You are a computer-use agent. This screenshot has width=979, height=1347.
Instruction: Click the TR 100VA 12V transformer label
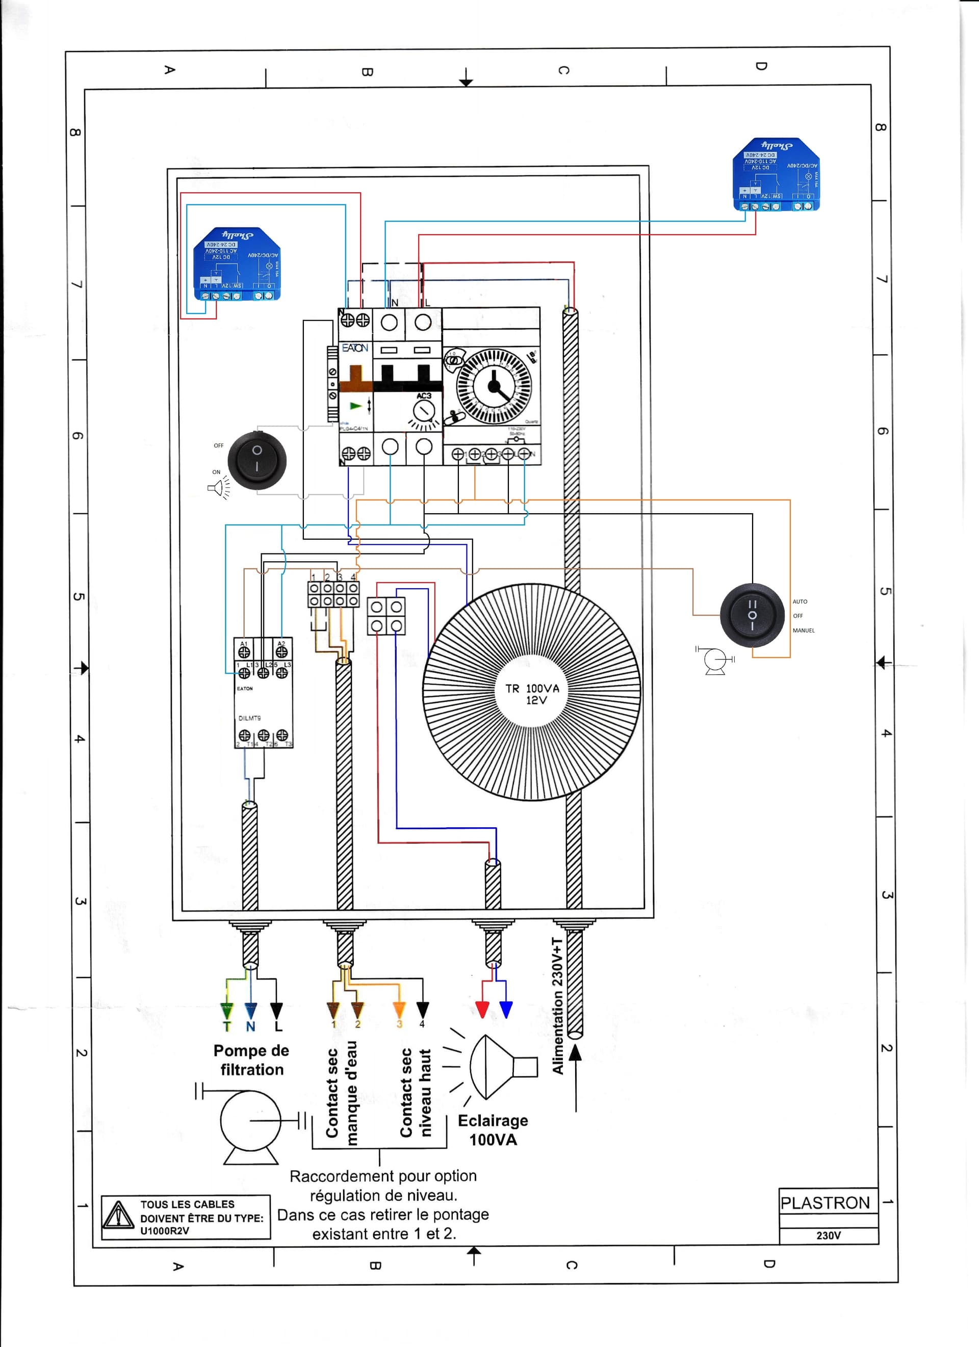[532, 694]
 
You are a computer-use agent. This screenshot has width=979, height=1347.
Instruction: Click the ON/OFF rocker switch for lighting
[256, 460]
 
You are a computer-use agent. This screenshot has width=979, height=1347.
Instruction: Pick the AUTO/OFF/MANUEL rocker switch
[752, 615]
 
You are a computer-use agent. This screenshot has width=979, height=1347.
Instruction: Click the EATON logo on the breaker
[355, 348]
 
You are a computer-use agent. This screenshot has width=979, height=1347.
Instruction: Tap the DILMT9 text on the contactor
[249, 718]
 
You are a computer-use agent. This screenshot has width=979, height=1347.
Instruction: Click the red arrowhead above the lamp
[482, 1009]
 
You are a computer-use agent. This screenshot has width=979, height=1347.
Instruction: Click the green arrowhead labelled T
[226, 1010]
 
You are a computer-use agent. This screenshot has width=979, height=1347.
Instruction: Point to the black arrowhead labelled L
[276, 1010]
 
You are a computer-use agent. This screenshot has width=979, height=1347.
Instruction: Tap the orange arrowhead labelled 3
[399, 1009]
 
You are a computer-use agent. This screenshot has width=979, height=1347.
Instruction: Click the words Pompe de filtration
[251, 1060]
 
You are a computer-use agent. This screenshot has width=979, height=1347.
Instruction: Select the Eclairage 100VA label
[493, 1129]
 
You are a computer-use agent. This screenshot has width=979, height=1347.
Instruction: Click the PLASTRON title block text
[825, 1203]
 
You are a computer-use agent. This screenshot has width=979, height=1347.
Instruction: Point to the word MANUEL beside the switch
[803, 630]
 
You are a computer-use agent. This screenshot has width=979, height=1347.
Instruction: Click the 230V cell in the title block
[828, 1235]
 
